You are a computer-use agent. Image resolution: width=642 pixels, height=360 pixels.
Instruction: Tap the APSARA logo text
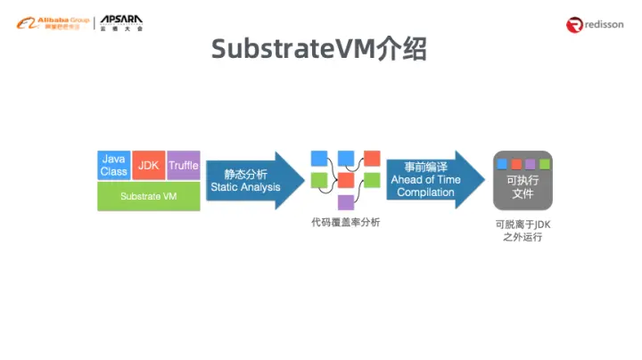[121, 22]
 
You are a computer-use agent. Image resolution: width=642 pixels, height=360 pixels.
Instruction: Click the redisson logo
[597, 25]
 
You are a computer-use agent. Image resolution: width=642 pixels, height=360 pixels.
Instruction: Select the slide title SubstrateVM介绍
[319, 50]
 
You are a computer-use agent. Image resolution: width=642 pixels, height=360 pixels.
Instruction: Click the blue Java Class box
[113, 165]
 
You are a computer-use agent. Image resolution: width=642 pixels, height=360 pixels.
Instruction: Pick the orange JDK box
[148, 166]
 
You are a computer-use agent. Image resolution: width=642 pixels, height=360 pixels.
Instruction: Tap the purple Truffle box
[183, 165]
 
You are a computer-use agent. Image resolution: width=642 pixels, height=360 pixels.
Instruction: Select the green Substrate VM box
[148, 196]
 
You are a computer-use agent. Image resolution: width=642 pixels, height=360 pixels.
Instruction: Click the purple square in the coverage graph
[346, 202]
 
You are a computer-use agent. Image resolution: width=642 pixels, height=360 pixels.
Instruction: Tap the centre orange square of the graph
[346, 180]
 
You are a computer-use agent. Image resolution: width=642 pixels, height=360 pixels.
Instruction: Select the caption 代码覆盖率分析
[345, 223]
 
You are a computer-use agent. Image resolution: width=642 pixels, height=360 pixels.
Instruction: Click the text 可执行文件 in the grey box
[523, 186]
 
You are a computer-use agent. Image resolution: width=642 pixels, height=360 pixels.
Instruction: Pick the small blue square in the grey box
[503, 164]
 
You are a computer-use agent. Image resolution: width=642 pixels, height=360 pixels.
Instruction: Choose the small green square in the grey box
[544, 164]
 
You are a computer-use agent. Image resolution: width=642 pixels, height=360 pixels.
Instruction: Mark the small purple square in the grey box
[531, 164]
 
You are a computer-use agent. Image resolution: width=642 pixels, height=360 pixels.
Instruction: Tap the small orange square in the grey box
[516, 164]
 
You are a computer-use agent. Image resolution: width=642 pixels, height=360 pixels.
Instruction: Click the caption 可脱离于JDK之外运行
[523, 232]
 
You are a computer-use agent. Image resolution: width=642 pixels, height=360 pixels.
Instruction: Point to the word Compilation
[425, 192]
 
